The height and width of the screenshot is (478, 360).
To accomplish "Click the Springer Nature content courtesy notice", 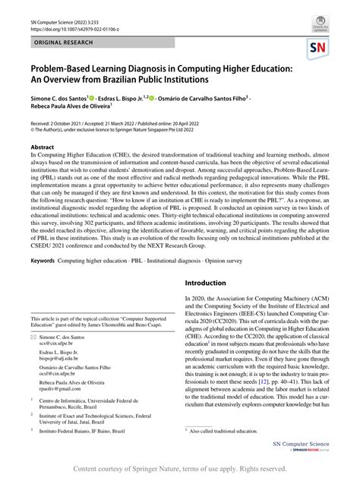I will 180,470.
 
